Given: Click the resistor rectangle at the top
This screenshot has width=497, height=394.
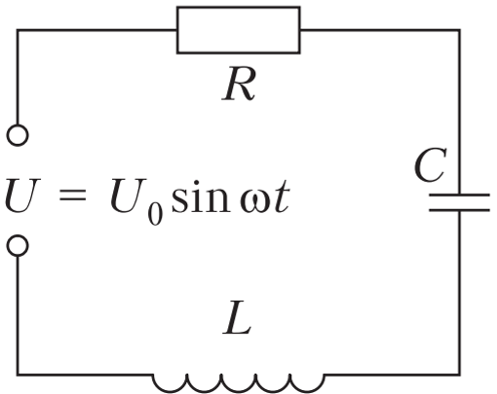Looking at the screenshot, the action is (239, 8).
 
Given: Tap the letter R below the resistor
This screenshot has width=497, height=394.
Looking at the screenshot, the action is (239, 84).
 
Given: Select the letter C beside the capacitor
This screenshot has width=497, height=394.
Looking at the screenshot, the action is (431, 164).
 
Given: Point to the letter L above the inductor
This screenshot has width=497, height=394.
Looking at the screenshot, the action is (238, 318).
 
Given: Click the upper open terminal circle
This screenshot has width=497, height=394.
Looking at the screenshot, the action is (18, 125).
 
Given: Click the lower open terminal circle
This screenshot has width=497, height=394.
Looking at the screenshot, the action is (18, 236).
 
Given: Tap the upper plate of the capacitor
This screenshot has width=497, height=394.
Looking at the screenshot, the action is (459, 196).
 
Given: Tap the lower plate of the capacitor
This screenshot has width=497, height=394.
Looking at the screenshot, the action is (459, 210).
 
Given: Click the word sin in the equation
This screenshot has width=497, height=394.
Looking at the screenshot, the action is (201, 197).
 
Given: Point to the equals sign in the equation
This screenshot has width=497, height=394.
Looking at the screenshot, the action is (72, 196).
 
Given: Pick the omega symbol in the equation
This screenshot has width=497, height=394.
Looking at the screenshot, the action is (255, 202).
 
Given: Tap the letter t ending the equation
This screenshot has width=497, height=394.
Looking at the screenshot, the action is (282, 197).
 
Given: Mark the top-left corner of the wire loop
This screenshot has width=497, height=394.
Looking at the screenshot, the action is (18, 30).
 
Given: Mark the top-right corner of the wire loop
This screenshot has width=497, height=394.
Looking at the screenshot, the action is (459, 30).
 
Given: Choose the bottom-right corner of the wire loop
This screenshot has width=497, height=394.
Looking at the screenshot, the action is (459, 375).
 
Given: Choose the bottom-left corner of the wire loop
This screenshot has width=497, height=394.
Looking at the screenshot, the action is (18, 375).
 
